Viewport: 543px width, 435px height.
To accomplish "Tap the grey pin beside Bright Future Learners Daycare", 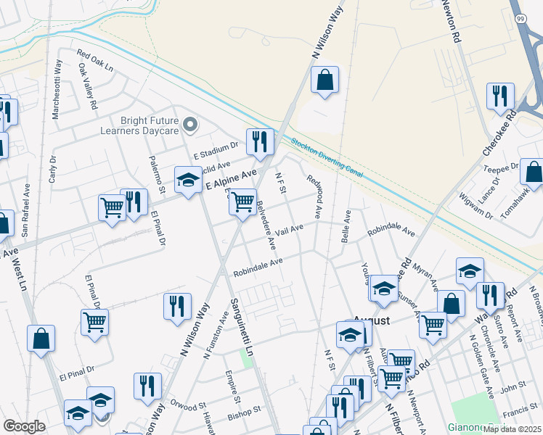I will [190, 125].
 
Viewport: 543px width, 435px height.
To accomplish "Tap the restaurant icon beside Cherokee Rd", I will [500, 96].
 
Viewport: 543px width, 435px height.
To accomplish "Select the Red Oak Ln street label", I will [95, 60].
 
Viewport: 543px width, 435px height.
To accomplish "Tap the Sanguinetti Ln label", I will [242, 326].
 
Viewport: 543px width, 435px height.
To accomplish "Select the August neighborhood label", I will [372, 320].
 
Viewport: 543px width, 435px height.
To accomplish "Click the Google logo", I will [25, 426].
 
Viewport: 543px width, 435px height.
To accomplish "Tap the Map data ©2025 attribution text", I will [512, 429].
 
